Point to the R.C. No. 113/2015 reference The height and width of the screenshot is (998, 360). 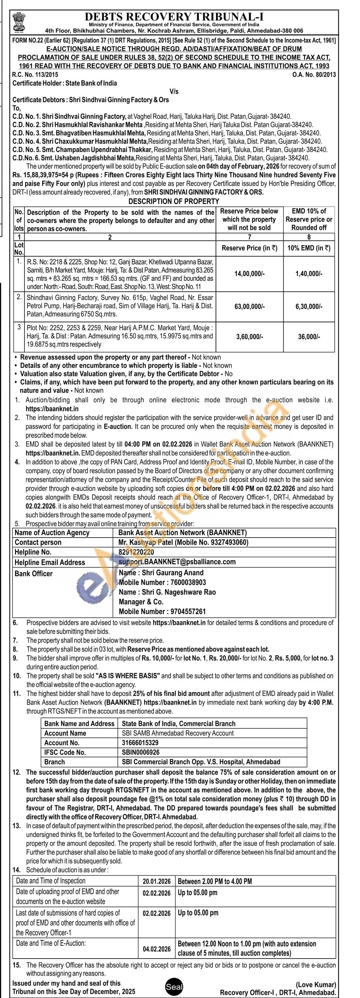[36, 75]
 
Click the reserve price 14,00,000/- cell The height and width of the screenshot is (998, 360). [249, 274]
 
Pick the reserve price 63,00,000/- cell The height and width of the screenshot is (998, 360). [249, 307]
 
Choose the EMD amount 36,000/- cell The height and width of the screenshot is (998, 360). [309, 337]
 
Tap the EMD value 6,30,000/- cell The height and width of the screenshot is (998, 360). [309, 307]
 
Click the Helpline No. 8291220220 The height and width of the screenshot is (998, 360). [136, 552]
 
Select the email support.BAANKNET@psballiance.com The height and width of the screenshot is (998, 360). [177, 562]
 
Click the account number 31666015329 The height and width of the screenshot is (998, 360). [140, 743]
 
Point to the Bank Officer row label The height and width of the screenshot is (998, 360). [33, 573]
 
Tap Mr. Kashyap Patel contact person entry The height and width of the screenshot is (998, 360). [183, 542]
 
